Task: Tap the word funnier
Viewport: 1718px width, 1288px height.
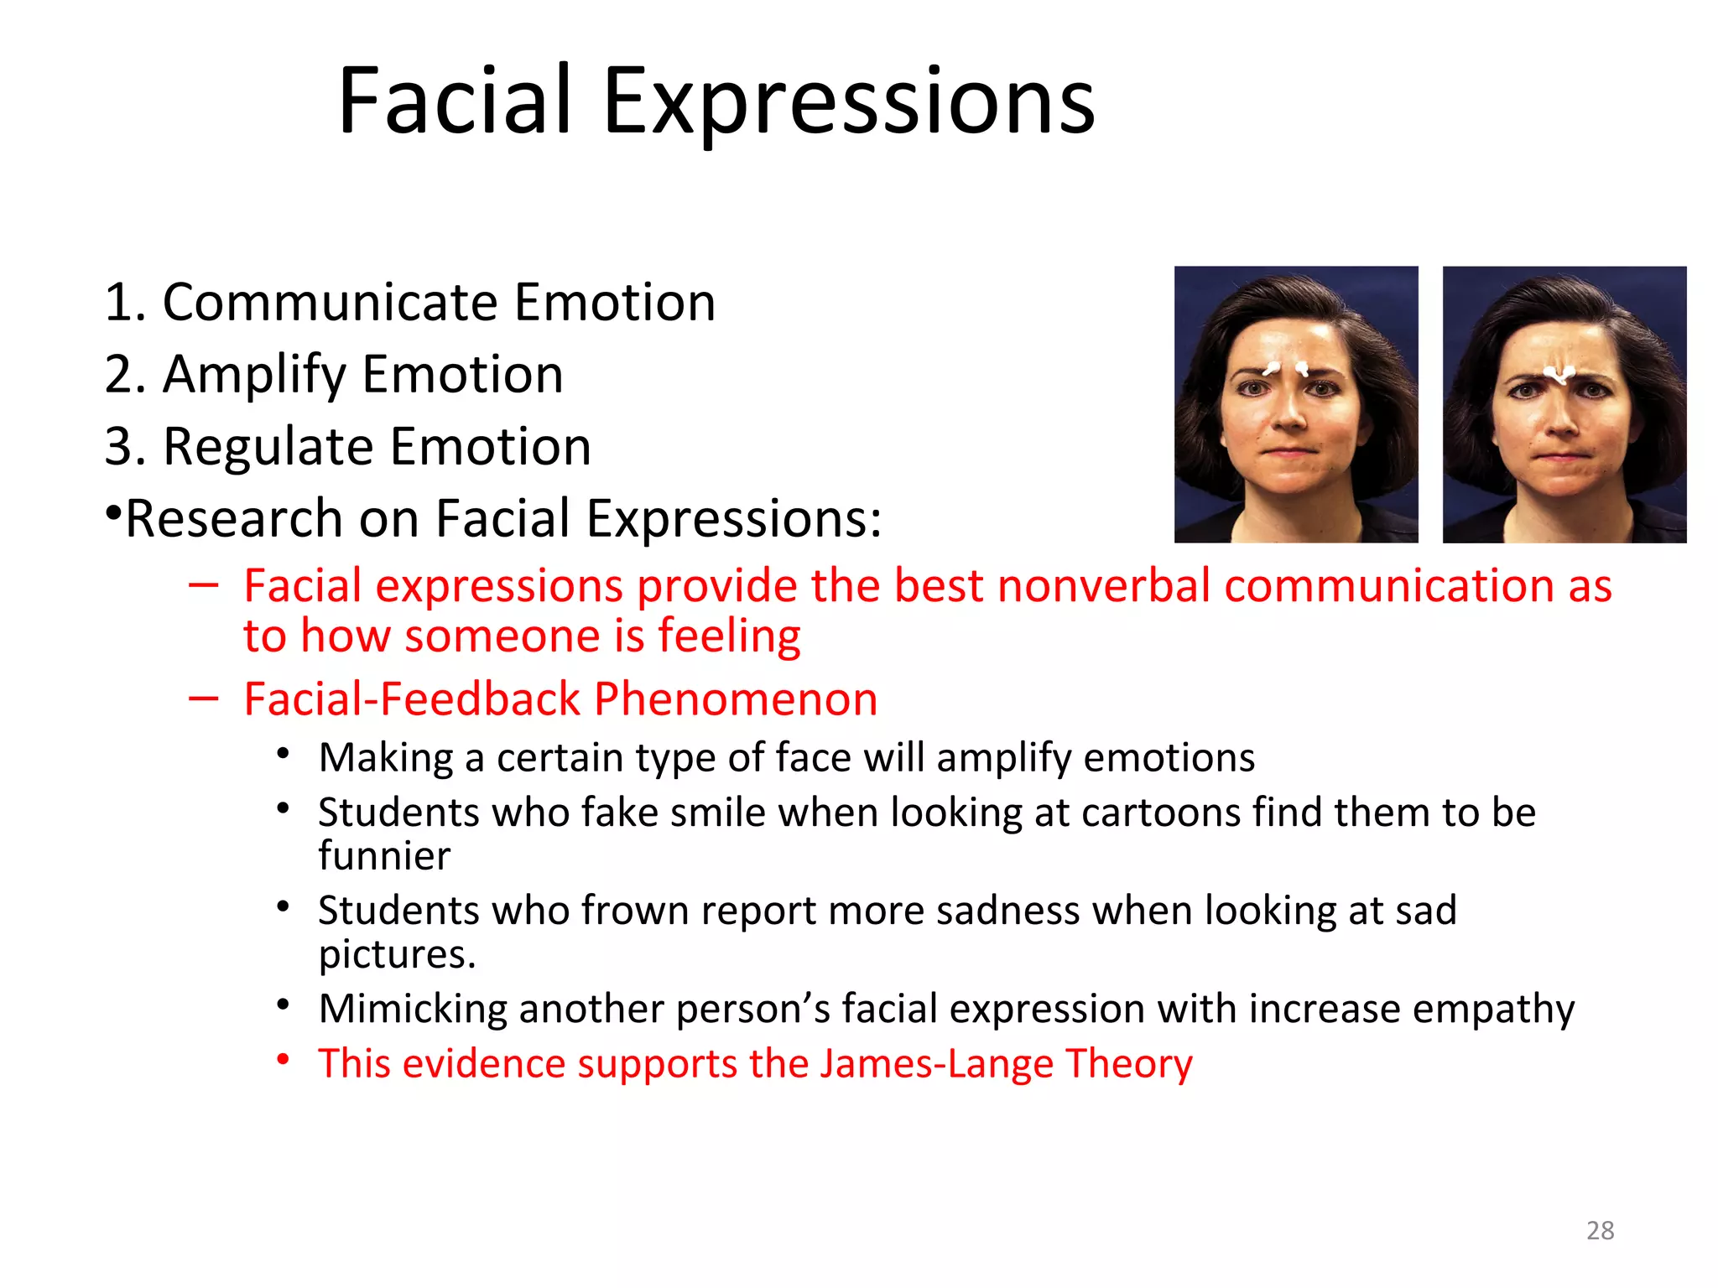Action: (x=384, y=856)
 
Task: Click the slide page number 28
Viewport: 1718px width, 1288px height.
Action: (x=1600, y=1230)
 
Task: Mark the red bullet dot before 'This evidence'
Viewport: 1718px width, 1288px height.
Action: (x=284, y=1059)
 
